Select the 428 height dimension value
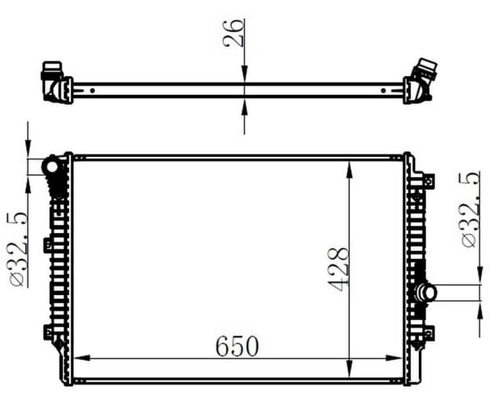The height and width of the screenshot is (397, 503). [338, 270]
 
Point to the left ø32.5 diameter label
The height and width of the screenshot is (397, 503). [18, 249]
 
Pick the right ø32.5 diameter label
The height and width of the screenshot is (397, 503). [469, 210]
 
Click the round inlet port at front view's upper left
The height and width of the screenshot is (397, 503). [52, 166]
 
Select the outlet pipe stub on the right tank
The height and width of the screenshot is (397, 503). [428, 293]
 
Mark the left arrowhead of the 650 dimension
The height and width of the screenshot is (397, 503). [80, 358]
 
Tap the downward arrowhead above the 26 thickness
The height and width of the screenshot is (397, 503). [244, 75]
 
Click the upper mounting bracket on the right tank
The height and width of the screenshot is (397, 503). [428, 180]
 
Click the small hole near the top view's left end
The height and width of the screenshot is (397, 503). [93, 89]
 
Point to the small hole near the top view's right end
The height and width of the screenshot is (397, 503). [386, 89]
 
